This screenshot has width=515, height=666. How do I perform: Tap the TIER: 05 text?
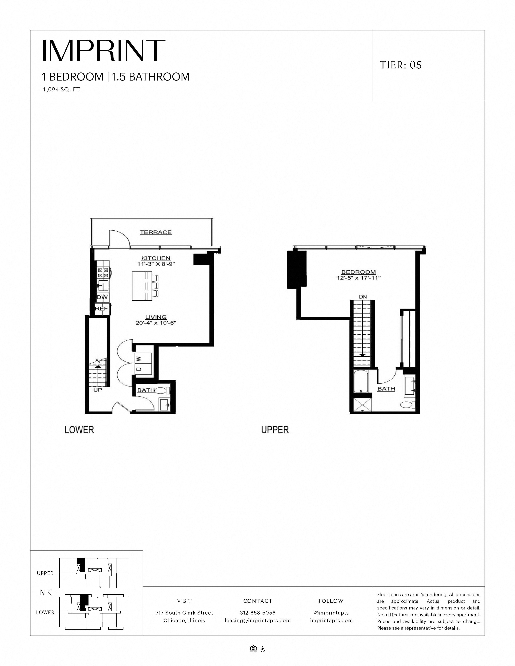401,65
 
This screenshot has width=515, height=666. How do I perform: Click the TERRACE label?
156,232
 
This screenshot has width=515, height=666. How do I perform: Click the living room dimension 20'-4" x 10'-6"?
156,323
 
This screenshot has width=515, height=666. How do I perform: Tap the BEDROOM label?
358,272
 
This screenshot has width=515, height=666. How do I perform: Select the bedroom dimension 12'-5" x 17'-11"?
358,278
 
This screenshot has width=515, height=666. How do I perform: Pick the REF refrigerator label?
101,309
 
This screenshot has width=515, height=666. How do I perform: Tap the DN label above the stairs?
363,297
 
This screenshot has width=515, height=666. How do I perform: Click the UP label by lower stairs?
98,390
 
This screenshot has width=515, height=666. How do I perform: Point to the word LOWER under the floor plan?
79,430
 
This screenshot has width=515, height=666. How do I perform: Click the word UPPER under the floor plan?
275,430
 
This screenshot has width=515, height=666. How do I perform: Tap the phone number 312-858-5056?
257,613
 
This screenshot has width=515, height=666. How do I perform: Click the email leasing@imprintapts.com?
257,620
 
